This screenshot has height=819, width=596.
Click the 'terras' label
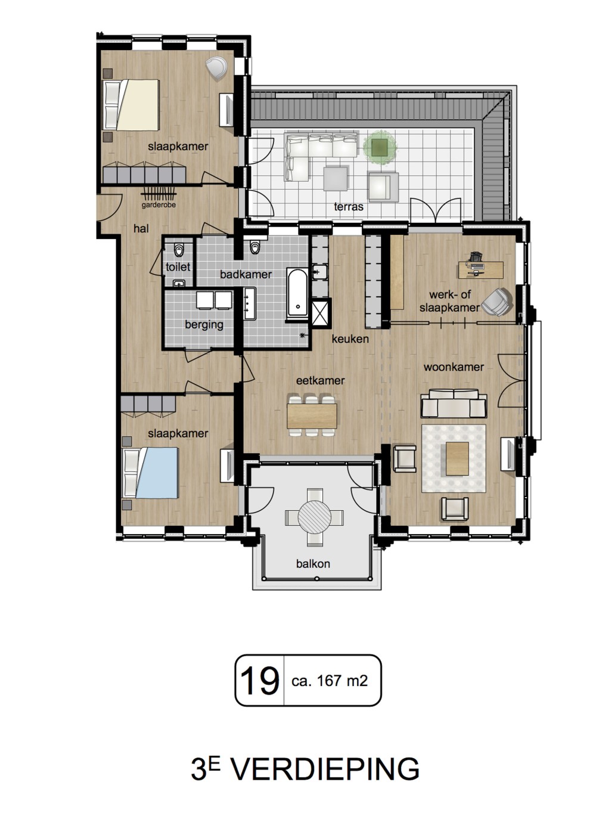pyautogui.click(x=349, y=207)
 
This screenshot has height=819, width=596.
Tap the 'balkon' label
pyautogui.click(x=313, y=564)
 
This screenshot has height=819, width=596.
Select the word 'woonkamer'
pyautogui.click(x=454, y=367)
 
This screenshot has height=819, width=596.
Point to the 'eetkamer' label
pyautogui.click(x=320, y=381)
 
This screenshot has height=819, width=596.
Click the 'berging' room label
pyautogui.click(x=204, y=325)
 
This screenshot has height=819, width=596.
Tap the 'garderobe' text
pyautogui.click(x=159, y=205)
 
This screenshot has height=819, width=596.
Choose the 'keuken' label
pyautogui.click(x=350, y=339)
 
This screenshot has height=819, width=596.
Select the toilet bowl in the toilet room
pyautogui.click(x=179, y=250)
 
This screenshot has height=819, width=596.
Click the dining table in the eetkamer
pyautogui.click(x=312, y=416)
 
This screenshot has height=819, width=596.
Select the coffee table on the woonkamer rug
pyautogui.click(x=457, y=459)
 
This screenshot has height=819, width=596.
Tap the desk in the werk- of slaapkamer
pyautogui.click(x=481, y=270)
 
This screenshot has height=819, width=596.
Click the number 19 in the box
pyautogui.click(x=260, y=680)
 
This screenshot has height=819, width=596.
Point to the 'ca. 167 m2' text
pyautogui.click(x=330, y=681)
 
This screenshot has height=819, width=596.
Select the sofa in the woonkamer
pyautogui.click(x=454, y=404)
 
